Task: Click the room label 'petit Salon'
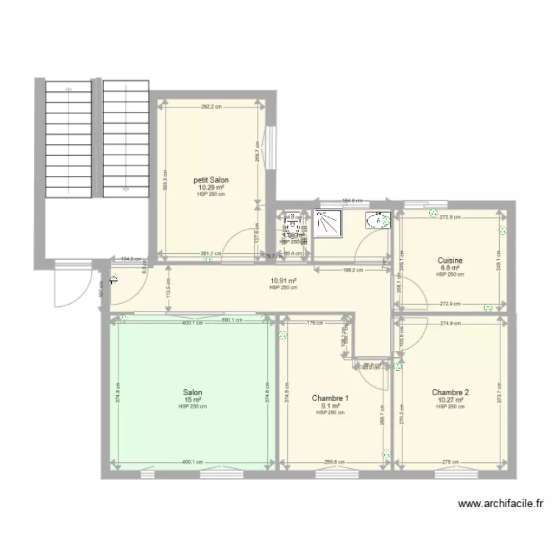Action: pos(210,180)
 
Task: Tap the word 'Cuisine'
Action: pos(450,261)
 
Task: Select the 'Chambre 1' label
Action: pos(330,398)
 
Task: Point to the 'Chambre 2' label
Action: pos(450,392)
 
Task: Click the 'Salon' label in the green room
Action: pos(193,393)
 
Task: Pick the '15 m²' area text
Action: pos(193,400)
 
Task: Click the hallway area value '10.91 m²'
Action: pos(283,280)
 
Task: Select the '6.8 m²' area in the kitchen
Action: pos(450,268)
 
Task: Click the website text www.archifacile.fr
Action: pos(500,504)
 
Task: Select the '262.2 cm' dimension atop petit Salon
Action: pos(210,106)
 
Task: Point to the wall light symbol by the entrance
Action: pos(115,279)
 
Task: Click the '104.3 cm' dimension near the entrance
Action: pos(131,258)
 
